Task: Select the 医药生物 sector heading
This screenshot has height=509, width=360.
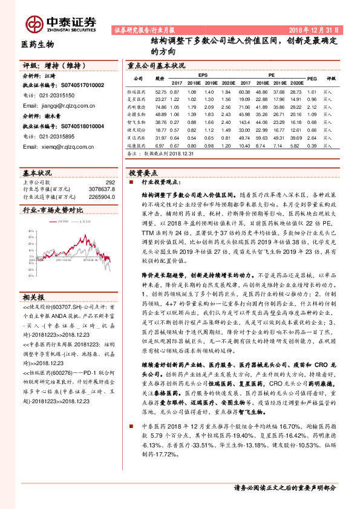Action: click(x=38, y=45)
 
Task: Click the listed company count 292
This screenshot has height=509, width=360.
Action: click(x=110, y=182)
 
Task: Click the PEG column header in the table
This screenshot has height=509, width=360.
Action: click(x=312, y=79)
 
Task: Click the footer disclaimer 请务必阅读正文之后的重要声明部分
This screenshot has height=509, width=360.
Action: click(x=284, y=487)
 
